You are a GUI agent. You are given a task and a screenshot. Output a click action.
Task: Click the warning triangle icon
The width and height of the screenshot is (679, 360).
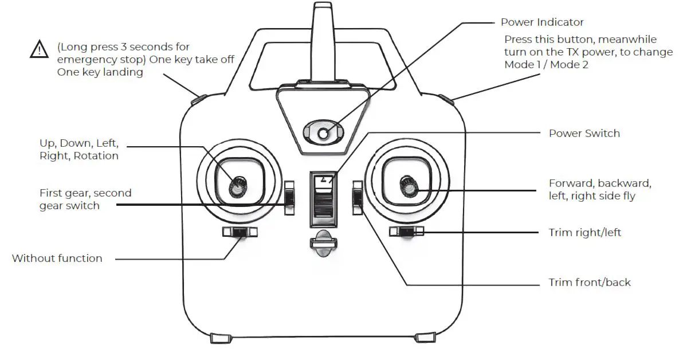coord(39,50)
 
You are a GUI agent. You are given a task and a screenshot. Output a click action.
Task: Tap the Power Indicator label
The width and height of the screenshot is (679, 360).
coord(541,22)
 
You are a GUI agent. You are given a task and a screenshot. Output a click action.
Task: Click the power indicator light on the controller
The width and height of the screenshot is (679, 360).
coord(324,134)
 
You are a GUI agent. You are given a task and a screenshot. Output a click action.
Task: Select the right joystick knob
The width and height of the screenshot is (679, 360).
coord(409,185)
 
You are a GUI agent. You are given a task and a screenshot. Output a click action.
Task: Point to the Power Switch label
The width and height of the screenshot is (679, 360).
coord(584,134)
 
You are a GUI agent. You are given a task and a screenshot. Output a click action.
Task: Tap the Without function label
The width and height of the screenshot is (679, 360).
coord(57,259)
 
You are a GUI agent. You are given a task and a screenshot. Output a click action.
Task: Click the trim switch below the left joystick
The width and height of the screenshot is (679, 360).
coord(240,232)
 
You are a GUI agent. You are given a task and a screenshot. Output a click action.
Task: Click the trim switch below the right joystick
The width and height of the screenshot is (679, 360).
coord(406,232)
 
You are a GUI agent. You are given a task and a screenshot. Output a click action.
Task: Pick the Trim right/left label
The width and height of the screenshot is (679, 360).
coord(584,233)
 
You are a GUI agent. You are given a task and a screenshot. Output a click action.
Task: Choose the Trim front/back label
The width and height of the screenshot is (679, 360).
coord(589,283)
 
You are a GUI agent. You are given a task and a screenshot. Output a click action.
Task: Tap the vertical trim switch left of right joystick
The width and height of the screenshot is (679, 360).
coord(358,198)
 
